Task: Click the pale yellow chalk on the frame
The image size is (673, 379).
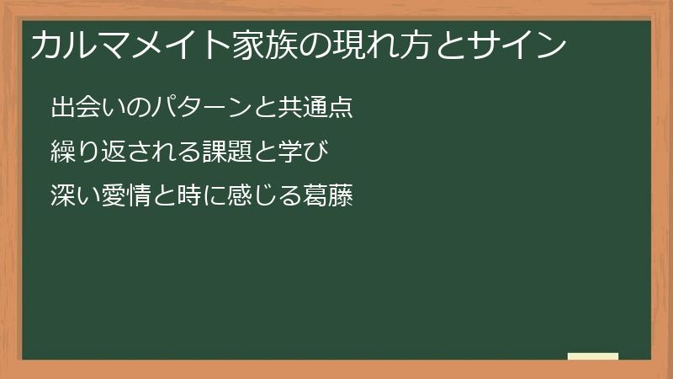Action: pyautogui.click(x=593, y=356)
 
